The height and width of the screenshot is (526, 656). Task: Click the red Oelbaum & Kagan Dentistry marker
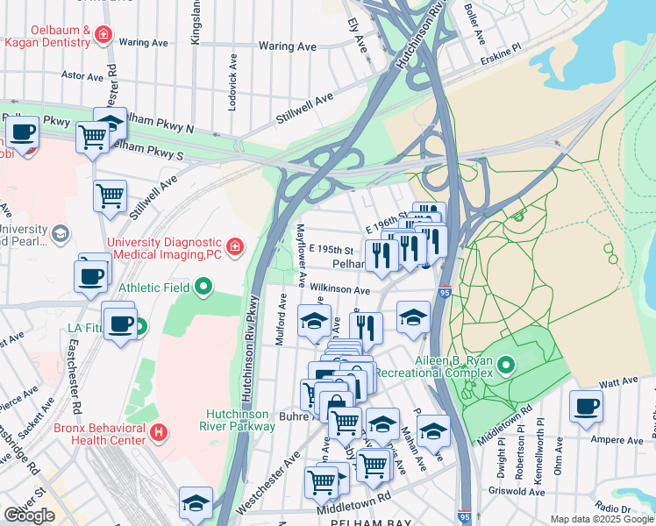point(103,34)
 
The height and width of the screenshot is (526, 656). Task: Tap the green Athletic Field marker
point(203,286)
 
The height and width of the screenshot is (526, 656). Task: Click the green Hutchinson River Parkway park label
point(240,420)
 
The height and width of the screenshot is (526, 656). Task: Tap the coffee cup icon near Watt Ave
point(586,406)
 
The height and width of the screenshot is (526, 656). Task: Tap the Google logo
point(29,515)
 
